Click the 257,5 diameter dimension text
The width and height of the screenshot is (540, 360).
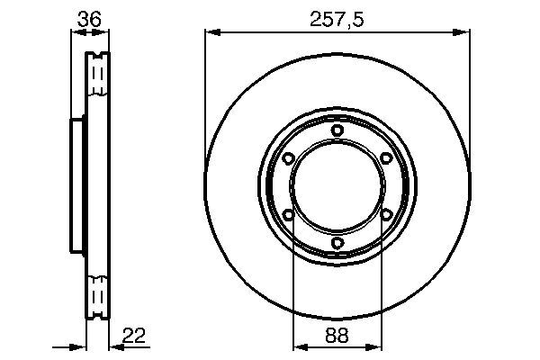[x=337, y=16]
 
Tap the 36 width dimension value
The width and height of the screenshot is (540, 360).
[x=88, y=16]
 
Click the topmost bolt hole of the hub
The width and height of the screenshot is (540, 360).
[x=337, y=130]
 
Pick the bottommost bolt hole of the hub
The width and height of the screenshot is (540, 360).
[x=337, y=242]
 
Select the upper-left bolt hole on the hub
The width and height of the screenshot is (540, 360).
[x=288, y=158]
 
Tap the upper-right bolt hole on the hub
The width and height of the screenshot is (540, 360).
[x=386, y=158]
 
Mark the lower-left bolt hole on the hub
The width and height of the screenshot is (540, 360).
[x=288, y=214]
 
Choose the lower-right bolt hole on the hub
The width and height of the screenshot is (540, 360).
[x=386, y=214]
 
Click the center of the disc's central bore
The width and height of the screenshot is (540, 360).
[x=337, y=186]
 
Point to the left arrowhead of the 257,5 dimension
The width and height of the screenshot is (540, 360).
[x=211, y=32]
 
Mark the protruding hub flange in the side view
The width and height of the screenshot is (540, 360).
[x=77, y=186]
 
